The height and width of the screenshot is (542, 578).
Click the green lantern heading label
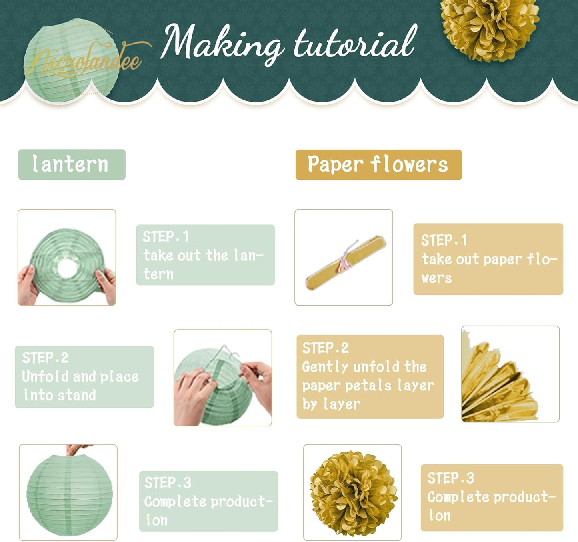[72, 164]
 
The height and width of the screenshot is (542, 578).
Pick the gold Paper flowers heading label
[378, 164]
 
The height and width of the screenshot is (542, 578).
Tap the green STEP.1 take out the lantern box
[205, 255]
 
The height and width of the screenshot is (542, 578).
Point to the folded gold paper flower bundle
[345, 262]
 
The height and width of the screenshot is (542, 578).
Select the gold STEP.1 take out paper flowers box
[488, 259]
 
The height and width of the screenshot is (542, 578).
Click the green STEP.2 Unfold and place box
[84, 376]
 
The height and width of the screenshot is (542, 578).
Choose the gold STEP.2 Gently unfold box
[370, 376]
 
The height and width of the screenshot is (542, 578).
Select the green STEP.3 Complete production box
[208, 501]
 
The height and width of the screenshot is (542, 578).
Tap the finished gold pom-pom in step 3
[353, 494]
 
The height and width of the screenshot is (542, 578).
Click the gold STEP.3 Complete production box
[492, 497]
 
